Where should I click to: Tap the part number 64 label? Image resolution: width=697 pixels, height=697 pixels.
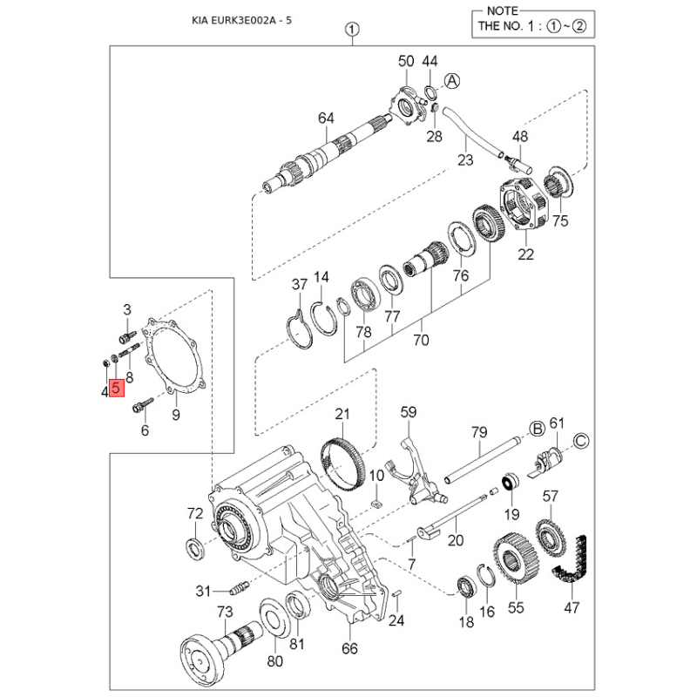click(x=326, y=118)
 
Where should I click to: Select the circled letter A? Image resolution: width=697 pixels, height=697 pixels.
click(x=451, y=81)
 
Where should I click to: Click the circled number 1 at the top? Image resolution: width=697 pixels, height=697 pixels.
click(x=350, y=29)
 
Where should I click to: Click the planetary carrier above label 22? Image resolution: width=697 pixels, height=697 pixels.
click(x=523, y=206)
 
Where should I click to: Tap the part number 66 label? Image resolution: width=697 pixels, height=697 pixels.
click(x=349, y=647)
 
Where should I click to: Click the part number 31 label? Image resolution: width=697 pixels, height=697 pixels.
click(x=203, y=592)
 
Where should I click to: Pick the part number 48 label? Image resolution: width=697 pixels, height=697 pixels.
click(x=520, y=137)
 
